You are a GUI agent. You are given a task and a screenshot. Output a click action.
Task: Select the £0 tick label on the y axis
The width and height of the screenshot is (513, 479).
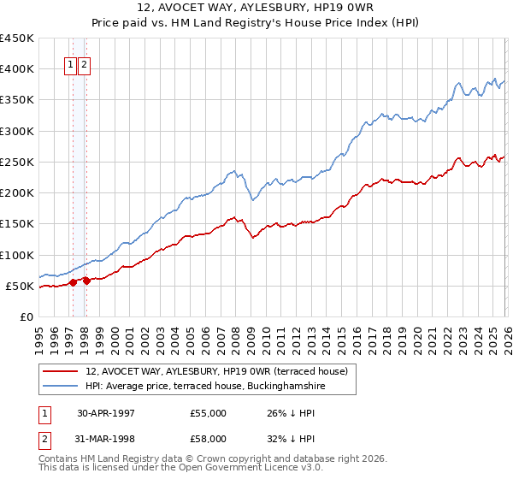26,316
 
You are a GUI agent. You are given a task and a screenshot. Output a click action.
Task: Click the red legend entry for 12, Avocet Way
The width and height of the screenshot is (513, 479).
216,372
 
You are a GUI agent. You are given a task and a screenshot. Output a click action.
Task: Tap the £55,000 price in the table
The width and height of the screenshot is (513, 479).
208,413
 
